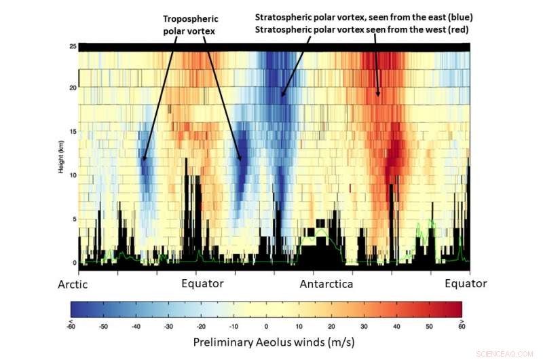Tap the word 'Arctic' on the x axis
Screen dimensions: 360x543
73,284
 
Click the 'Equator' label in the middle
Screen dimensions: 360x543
202,284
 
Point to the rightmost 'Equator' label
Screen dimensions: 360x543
466,284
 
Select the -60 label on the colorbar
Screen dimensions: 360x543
71,327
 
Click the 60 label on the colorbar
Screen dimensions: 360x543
462,327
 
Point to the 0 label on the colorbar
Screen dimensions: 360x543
266,327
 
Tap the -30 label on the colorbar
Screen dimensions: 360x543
168,327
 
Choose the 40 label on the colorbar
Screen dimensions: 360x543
396,327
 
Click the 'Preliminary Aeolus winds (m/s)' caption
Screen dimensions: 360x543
274,342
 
